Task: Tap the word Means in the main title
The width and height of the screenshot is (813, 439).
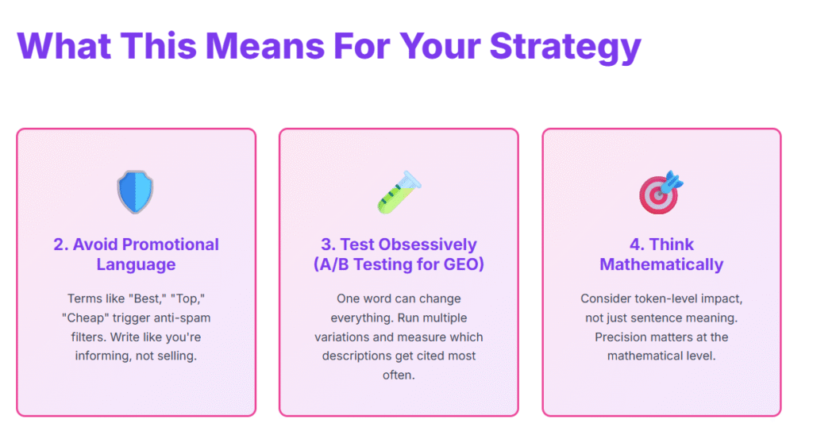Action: [x=265, y=45]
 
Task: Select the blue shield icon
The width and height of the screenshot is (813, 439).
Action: [x=135, y=192]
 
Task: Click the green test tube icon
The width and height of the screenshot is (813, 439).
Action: [x=399, y=192]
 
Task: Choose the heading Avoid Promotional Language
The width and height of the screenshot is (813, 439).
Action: [x=136, y=254]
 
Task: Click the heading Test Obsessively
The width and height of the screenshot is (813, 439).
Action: [x=399, y=245]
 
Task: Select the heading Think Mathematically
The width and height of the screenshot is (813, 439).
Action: [x=661, y=254]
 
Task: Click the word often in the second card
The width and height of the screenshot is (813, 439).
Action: [x=399, y=375]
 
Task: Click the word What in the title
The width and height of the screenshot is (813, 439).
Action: [x=64, y=45]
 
